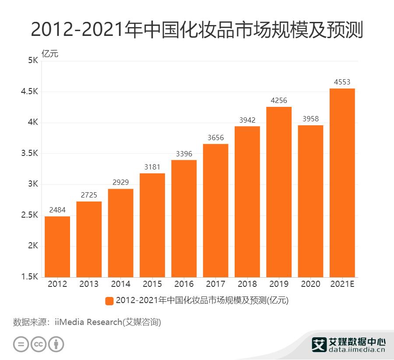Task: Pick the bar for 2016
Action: tap(184, 219)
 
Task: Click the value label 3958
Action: tap(310, 119)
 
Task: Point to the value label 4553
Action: tap(342, 82)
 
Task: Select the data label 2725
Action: tap(89, 195)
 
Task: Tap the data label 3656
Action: tap(215, 138)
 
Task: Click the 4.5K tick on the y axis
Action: tap(29, 92)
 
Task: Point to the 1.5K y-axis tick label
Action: tap(29, 277)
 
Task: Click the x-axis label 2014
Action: tap(120, 284)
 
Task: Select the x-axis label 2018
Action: tap(247, 284)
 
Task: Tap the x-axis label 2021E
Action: tap(342, 284)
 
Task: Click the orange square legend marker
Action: tap(109, 301)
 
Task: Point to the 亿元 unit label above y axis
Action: tap(49, 54)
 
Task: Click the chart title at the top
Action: tap(197, 30)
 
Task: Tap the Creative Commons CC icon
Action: tap(39, 344)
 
